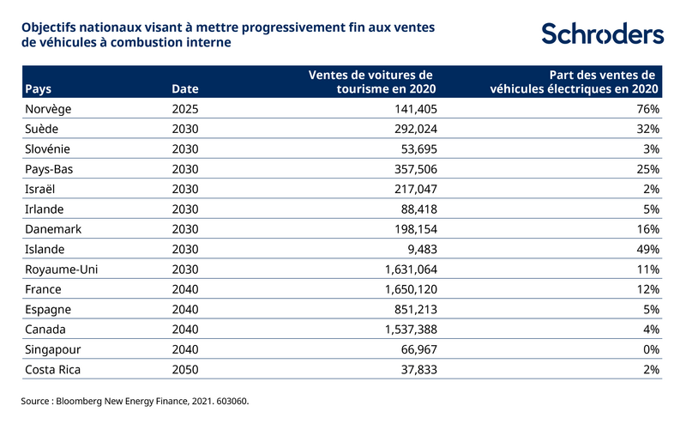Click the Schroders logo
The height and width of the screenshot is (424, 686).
[602, 33]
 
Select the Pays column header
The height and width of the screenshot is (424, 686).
[39, 88]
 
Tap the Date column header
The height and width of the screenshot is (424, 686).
[184, 88]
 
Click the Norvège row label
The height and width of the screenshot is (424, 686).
[51, 109]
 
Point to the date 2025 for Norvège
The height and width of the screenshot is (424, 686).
[184, 109]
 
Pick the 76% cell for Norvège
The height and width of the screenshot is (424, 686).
[647, 109]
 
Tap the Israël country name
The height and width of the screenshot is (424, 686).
[43, 189]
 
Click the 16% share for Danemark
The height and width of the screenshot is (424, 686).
[647, 229]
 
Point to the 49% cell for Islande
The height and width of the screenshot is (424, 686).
[647, 249]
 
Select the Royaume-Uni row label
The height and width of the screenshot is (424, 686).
[62, 270]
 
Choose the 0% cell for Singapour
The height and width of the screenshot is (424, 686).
[650, 349]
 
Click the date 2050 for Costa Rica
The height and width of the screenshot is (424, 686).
[184, 369]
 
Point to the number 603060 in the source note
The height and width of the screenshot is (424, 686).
[227, 401]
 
